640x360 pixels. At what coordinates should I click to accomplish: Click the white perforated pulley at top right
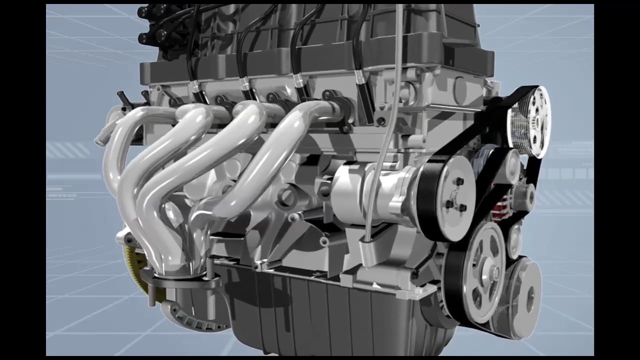[529, 121]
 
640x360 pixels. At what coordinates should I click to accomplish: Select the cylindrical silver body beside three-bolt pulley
[370, 192]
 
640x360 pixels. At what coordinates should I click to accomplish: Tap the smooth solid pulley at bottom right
[522, 295]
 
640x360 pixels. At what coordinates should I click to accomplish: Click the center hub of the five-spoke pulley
[494, 273]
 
